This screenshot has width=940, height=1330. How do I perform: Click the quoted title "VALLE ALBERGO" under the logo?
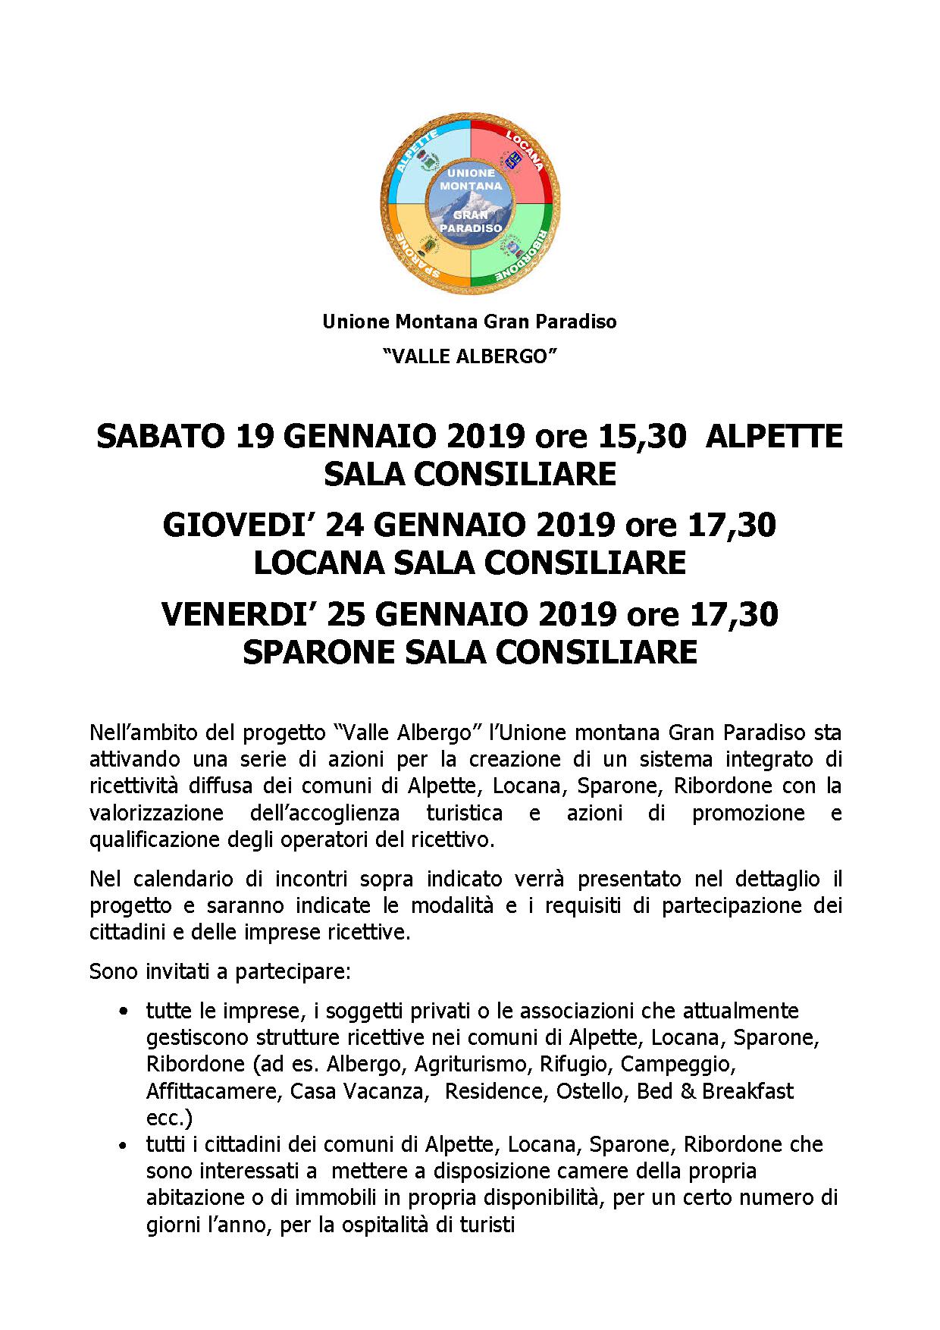(470, 356)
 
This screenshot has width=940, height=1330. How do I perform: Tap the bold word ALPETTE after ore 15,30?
(774, 437)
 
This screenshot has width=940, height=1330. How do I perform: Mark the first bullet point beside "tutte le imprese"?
(124, 1012)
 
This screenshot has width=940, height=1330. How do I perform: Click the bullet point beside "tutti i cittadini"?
(124, 1145)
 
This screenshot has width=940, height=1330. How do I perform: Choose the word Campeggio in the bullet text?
(678, 1065)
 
